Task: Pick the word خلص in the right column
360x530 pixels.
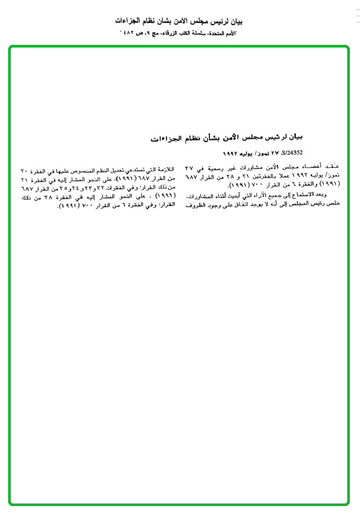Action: [333, 203]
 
